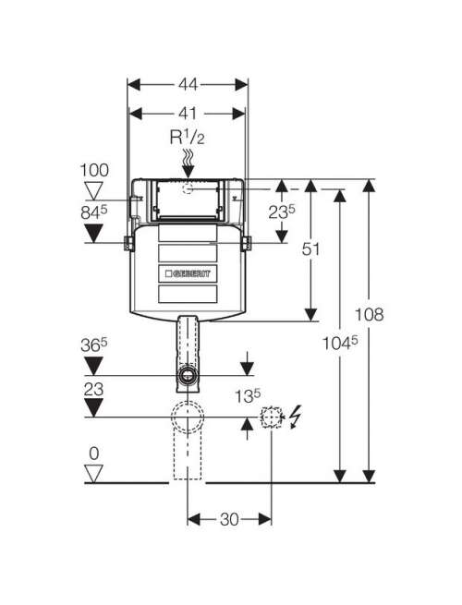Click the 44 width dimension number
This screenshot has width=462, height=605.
pyautogui.click(x=188, y=84)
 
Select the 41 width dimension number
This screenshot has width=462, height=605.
pyautogui.click(x=188, y=114)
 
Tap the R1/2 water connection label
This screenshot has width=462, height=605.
pyautogui.click(x=188, y=138)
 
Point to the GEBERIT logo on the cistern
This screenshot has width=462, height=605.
pyautogui.click(x=188, y=273)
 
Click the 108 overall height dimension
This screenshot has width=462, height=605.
pyautogui.click(x=370, y=314)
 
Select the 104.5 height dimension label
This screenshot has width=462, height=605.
pyautogui.click(x=340, y=343)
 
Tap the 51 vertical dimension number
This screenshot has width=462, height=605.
pyautogui.click(x=310, y=249)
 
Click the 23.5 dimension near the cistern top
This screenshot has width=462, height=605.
pyautogui.click(x=282, y=212)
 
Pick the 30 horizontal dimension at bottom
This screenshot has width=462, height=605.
pyautogui.click(x=229, y=519)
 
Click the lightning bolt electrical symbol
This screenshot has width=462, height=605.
pyautogui.click(x=295, y=417)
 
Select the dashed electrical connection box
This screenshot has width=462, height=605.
pyautogui.click(x=272, y=417)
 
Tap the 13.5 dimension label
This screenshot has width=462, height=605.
pyautogui.click(x=249, y=396)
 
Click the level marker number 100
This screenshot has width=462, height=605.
pyautogui.click(x=94, y=170)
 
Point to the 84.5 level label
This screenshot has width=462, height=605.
pyautogui.click(x=94, y=212)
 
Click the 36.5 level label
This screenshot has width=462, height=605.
pyautogui.click(x=94, y=345)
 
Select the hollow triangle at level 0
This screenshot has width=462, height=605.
pyautogui.click(x=94, y=474)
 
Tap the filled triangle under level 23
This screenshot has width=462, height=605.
pyautogui.click(x=94, y=408)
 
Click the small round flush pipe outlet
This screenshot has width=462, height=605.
pyautogui.click(x=188, y=375)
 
